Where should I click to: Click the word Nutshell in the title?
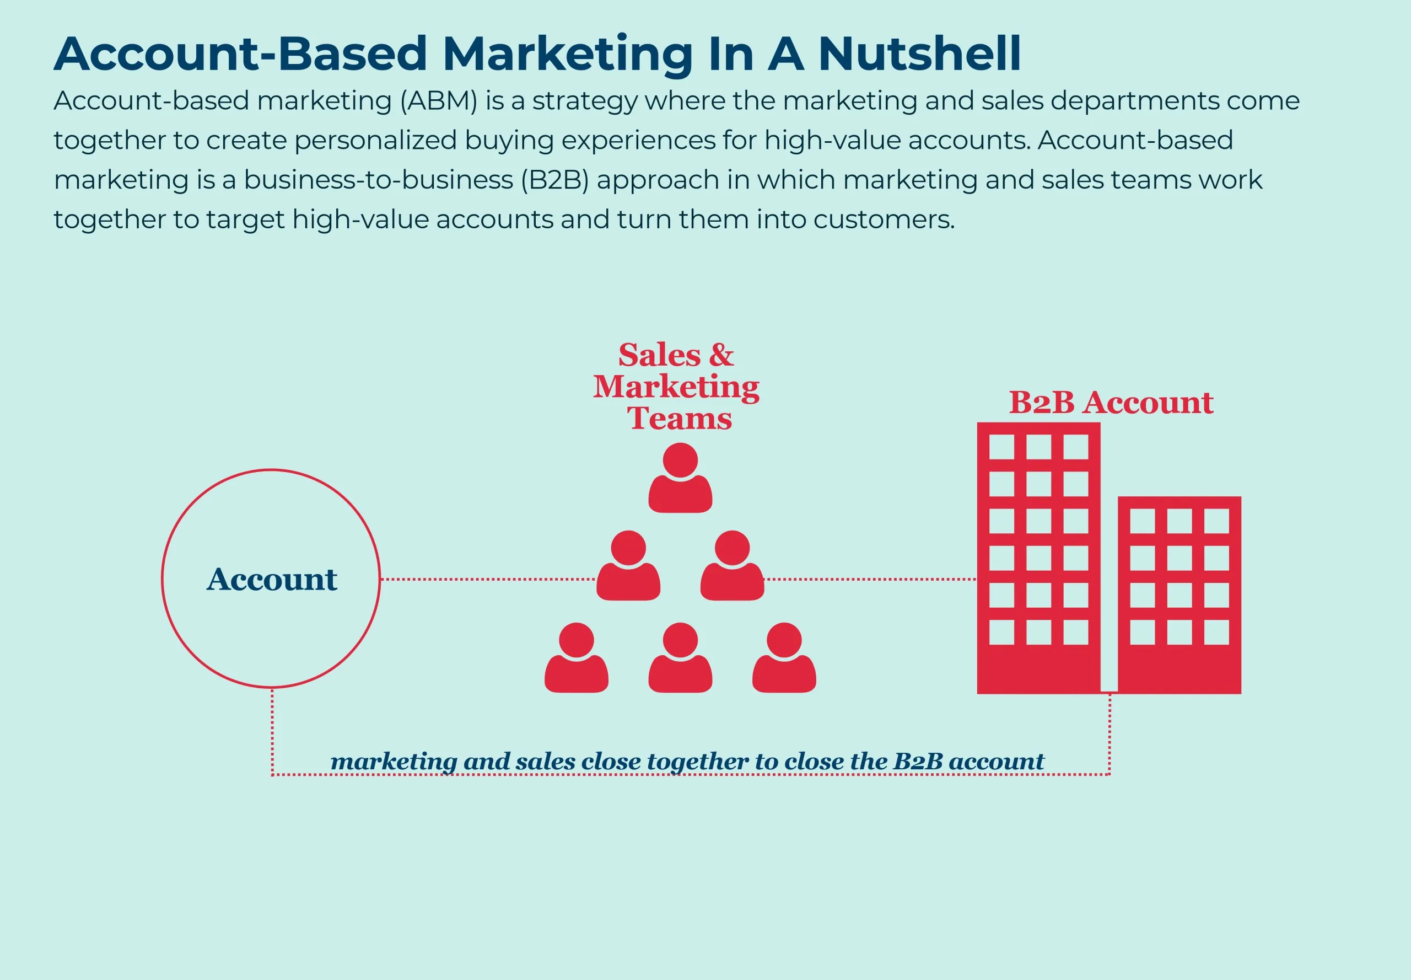(x=919, y=54)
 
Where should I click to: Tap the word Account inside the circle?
(x=271, y=579)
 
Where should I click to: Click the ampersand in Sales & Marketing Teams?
(x=721, y=355)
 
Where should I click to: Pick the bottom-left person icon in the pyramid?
(x=577, y=658)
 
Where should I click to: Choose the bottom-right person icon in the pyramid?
(x=784, y=658)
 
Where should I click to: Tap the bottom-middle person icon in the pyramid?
(x=680, y=658)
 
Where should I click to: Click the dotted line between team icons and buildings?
(x=870, y=579)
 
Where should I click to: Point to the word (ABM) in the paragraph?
(x=438, y=101)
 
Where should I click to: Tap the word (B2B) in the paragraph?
(x=554, y=180)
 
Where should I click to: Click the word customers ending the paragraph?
(x=883, y=219)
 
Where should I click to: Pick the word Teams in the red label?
(x=680, y=419)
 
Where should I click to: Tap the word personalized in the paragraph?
(x=375, y=141)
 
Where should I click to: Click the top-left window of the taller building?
(x=1001, y=447)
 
